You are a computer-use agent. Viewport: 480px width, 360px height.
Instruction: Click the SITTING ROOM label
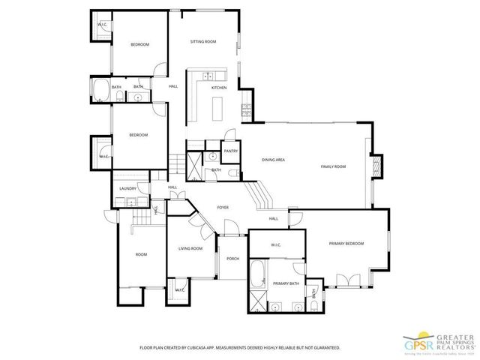(202, 41)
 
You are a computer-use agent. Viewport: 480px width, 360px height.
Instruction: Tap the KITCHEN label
(218, 88)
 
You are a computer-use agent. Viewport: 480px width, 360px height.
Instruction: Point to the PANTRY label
(230, 151)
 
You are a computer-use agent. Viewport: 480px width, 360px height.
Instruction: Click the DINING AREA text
(273, 160)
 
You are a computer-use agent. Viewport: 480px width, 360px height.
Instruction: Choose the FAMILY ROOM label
(333, 166)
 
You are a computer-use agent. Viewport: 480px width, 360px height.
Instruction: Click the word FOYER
(223, 207)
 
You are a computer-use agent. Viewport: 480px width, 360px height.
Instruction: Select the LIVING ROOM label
(190, 248)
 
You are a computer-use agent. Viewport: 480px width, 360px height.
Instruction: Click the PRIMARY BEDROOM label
(346, 244)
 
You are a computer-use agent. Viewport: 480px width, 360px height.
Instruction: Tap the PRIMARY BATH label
(286, 283)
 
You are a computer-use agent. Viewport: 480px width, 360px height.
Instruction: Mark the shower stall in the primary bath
(258, 302)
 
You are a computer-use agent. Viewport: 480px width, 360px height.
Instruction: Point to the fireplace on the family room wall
(377, 165)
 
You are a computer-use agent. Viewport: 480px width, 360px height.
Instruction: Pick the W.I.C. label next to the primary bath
(275, 244)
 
